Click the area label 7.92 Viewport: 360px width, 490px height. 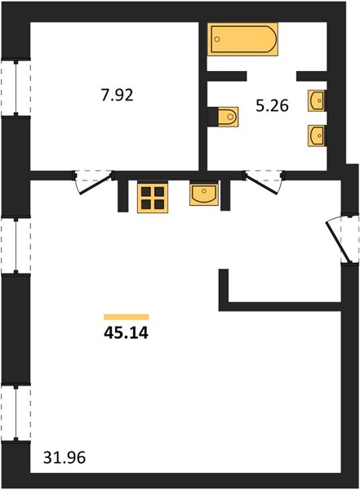point(117,95)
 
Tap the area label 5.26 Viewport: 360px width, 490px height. point(272,106)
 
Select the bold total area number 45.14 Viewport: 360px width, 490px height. point(126,333)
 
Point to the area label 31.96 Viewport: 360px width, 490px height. point(64,458)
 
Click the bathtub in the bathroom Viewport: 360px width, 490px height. point(242,39)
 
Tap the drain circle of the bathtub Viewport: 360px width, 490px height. point(217,39)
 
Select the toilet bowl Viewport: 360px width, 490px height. point(228,117)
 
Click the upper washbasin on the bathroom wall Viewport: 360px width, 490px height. point(316,100)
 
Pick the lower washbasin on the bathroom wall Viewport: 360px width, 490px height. point(316,136)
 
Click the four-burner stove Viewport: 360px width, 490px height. point(153,198)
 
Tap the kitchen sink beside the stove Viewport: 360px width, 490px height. point(204,194)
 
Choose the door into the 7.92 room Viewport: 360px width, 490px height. point(94,182)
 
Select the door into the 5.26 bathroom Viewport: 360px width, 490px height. point(264,182)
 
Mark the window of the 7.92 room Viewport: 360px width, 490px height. point(16,88)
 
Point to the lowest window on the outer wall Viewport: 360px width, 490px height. point(16,413)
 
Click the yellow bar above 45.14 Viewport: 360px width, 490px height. point(127,317)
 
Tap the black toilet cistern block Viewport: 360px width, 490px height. point(213,117)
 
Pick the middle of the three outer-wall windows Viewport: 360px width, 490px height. point(16,246)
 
